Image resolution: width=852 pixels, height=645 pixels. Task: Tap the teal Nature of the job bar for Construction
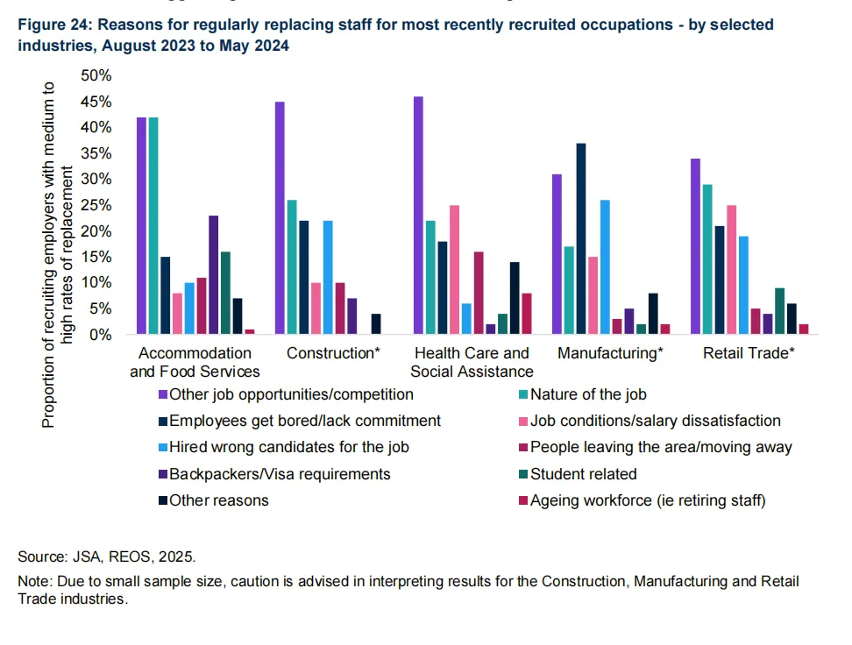coord(292,267)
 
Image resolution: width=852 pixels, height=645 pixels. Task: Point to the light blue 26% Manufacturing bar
coord(605,267)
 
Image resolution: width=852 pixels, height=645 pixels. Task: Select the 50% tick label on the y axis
coord(96,75)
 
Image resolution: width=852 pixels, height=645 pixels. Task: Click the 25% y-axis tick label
coord(96,205)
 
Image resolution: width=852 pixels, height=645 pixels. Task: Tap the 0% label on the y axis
coord(100,335)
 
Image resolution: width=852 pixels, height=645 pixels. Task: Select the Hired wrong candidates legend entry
coord(290,447)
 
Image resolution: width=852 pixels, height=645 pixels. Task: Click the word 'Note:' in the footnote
coord(35,582)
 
